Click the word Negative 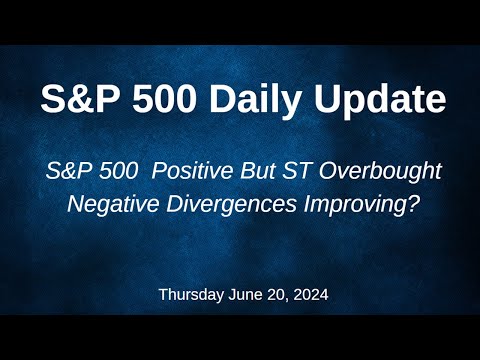(109, 205)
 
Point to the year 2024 (307, 296)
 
